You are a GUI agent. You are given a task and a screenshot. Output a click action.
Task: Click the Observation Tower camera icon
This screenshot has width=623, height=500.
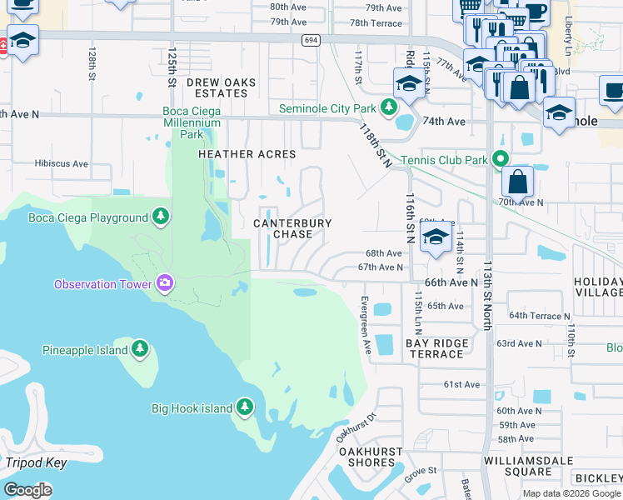click(x=165, y=284)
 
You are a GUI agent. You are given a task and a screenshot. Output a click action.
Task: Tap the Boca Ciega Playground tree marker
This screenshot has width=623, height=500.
click(x=161, y=218)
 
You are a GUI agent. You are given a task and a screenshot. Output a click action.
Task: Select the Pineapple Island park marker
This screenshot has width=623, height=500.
click(x=140, y=349)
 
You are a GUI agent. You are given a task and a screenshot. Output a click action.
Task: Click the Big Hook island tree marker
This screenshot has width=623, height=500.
click(x=244, y=407)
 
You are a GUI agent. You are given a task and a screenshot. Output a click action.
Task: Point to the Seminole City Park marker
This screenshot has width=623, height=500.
click(x=387, y=107)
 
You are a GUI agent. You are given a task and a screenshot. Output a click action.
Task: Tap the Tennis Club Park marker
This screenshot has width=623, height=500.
click(x=499, y=159)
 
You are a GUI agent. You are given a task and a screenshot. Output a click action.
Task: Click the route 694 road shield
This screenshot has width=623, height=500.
click(x=311, y=40)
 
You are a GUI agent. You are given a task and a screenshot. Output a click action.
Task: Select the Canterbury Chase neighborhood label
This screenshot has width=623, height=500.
click(x=292, y=229)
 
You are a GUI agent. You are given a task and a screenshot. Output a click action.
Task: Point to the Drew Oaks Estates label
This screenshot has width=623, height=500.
click(x=217, y=88)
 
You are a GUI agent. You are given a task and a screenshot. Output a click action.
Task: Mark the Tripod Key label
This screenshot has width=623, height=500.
click(x=35, y=462)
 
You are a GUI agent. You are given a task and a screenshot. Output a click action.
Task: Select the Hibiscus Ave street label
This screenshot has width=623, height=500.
click(x=61, y=164)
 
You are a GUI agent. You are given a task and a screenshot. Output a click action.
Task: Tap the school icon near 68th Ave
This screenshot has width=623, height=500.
click(x=434, y=237)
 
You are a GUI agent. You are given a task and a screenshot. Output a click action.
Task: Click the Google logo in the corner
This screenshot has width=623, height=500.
click(x=27, y=489)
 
